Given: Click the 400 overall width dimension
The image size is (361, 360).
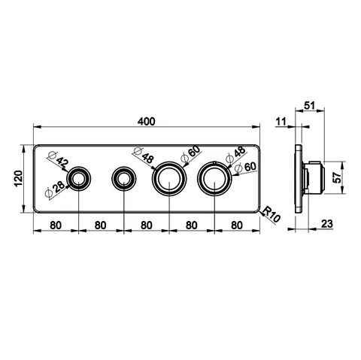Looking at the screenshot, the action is click(x=147, y=122).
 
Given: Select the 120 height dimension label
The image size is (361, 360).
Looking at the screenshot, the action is click(x=19, y=178).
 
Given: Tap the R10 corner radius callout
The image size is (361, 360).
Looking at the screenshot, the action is click(x=272, y=214).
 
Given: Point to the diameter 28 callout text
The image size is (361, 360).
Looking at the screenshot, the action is click(x=55, y=190).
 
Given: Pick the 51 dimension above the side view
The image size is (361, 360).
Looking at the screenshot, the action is click(x=309, y=105).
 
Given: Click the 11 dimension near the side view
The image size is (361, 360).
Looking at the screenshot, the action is click(x=281, y=122).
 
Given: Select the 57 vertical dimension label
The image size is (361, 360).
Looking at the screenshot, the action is click(x=338, y=177).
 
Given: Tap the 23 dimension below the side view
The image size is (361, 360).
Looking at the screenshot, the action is click(x=327, y=224).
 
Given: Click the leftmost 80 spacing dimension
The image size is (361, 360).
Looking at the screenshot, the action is click(x=56, y=225).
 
